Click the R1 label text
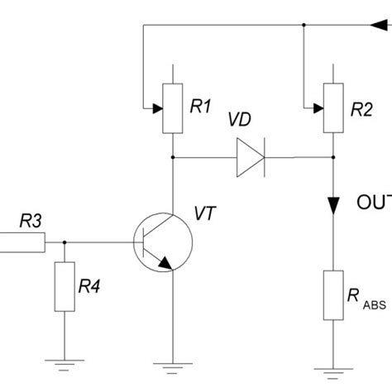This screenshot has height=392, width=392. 201,106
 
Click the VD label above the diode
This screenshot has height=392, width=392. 241,120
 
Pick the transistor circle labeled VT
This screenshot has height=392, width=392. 162,243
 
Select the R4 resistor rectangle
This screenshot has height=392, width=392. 65,287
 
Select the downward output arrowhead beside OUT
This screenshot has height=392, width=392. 332,203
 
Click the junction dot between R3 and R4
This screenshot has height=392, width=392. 65,243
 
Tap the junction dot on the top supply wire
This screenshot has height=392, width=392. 304,25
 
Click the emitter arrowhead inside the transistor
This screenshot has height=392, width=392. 165,264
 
